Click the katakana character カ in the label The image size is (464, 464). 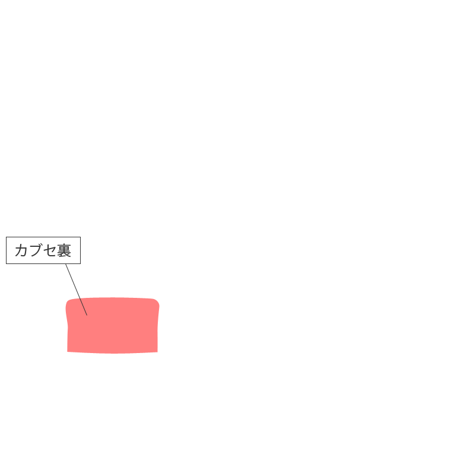pos(21,250)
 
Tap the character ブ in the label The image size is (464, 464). pos(36,250)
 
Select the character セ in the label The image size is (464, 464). pos(49,250)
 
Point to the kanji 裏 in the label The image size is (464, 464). pos(64,250)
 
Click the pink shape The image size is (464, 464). pos(113,326)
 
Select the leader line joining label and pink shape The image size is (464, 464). pos(77,290)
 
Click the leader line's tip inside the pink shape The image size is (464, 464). pos(87,316)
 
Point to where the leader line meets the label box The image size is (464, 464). pos(66,263)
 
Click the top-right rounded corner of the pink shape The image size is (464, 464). pos(157,301)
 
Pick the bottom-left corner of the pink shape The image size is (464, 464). pos(68,352)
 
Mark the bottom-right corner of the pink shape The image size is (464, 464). pos(157,352)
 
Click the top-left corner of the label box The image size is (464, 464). pos(6,237)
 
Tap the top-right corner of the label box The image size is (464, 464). pos(81,237)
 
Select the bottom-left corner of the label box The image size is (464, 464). pos(6,263)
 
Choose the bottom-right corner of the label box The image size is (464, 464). pos(81,263)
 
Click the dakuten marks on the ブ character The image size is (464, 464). pos(40,244)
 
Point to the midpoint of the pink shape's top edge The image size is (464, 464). pos(113,298)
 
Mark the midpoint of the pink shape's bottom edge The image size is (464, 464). pos(113,353)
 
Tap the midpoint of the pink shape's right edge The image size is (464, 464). pos(158,326)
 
